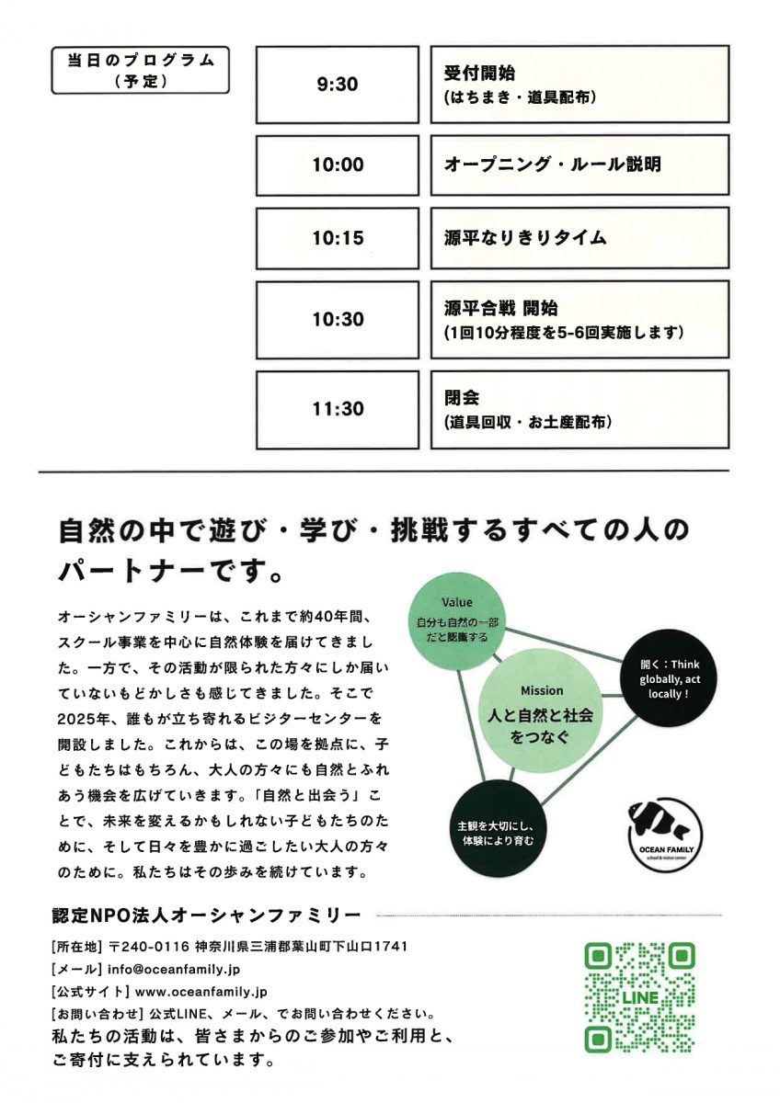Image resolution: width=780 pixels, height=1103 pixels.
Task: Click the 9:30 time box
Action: point(338,85)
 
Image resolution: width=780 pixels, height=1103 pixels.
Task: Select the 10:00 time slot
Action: point(338,165)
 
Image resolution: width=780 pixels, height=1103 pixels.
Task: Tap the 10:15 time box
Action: point(338,238)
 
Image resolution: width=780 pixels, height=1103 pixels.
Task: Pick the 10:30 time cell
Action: point(338,320)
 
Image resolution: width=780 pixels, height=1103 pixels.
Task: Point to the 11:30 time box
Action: point(338,409)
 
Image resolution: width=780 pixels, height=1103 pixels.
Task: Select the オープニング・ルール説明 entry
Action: point(553,165)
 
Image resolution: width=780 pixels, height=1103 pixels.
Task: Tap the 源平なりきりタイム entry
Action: point(525,238)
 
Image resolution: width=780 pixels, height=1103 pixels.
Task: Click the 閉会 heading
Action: point(462,399)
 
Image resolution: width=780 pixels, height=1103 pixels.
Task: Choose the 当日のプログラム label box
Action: point(140,70)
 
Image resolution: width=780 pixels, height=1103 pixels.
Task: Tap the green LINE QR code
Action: point(639,997)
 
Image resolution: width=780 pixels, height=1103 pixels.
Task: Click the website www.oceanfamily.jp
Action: point(201,992)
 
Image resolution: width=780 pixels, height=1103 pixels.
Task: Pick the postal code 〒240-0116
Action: point(149,946)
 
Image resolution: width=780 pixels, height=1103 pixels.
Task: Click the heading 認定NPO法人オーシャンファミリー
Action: point(208,915)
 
